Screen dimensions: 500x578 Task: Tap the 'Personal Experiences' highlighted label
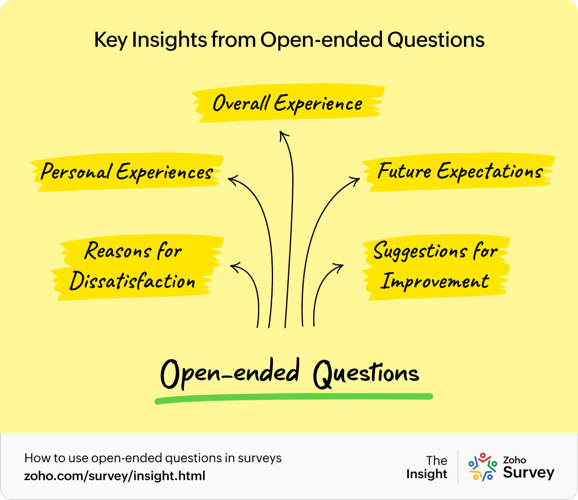(127, 172)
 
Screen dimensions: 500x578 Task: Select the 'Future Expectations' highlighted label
(460, 172)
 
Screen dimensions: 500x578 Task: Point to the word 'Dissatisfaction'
(132, 281)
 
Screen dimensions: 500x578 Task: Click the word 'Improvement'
(435, 281)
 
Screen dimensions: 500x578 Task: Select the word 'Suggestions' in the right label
(420, 251)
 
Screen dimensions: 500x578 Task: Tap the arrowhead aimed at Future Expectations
(356, 180)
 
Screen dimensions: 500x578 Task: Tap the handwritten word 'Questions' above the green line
(366, 374)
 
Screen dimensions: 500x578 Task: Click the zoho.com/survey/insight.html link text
(114, 476)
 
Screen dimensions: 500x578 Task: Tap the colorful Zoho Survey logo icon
(482, 466)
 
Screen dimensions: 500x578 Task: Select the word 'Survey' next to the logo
(528, 473)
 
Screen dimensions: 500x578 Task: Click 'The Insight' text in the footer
(427, 467)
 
